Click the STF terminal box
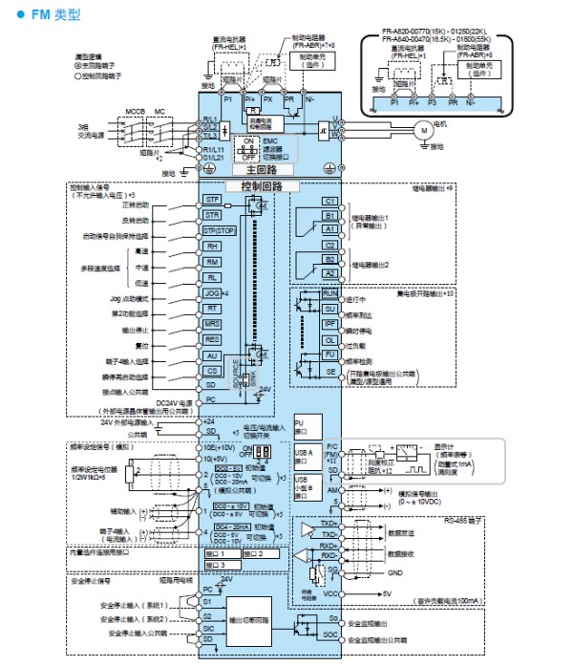pyautogui.click(x=213, y=199)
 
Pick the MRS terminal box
pyautogui.click(x=213, y=324)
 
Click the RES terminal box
pyautogui.click(x=213, y=339)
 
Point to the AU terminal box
pyautogui.click(x=213, y=355)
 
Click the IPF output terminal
pyautogui.click(x=329, y=325)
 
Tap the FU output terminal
pyautogui.click(x=329, y=355)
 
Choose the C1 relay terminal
pyautogui.click(x=329, y=201)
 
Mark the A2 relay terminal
pyautogui.click(x=329, y=273)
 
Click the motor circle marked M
pyautogui.click(x=421, y=127)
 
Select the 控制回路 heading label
pyautogui.click(x=252, y=185)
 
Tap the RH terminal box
pyautogui.click(x=213, y=246)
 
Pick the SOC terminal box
pyautogui.click(x=329, y=634)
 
